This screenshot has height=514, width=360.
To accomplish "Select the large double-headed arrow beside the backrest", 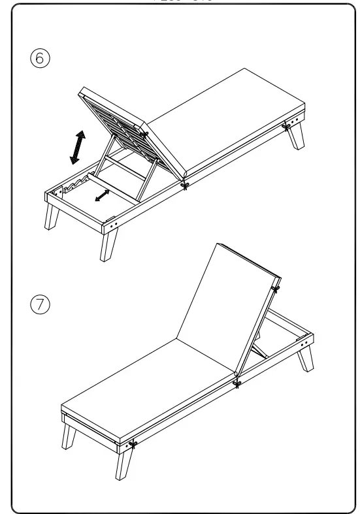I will (78, 147).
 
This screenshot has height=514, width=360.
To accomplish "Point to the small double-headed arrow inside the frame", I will (101, 195).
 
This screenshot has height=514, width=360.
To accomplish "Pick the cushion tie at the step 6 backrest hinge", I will (186, 185).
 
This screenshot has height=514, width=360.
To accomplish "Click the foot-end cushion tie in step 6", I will (287, 124).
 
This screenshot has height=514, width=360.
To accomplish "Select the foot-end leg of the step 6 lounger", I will (298, 137).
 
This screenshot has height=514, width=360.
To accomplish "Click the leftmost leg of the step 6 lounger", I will (51, 216).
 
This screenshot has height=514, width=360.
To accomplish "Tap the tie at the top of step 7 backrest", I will (276, 287).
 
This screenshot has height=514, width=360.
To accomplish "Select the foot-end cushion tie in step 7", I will (132, 445).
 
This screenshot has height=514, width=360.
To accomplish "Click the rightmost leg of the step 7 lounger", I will (305, 359).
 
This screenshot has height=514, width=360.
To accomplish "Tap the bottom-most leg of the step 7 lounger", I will (124, 465).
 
